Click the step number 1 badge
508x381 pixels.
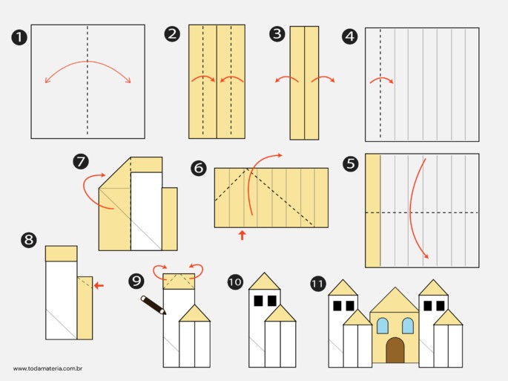click(19, 37)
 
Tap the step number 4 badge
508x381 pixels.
click(350, 36)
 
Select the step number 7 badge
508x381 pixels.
click(81, 161)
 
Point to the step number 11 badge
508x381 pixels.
click(318, 284)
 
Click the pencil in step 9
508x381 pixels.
click(154, 305)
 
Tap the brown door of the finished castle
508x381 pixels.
click(395, 350)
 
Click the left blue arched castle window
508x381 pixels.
click(383, 326)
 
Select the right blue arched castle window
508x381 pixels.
click(408, 326)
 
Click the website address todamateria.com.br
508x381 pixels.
click(47, 368)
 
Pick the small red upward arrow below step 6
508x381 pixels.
click(242, 235)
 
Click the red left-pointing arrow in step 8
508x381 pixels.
click(99, 286)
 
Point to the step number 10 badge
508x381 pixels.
click(235, 281)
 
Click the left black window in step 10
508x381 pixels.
click(258, 301)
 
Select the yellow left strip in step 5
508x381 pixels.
click(373, 211)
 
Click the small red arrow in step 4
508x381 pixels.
click(382, 79)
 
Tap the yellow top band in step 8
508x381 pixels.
click(62, 253)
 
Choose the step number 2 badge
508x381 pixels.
click(172, 33)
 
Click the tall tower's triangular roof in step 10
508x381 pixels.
click(264, 282)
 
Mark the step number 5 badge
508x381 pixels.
click(351, 163)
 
